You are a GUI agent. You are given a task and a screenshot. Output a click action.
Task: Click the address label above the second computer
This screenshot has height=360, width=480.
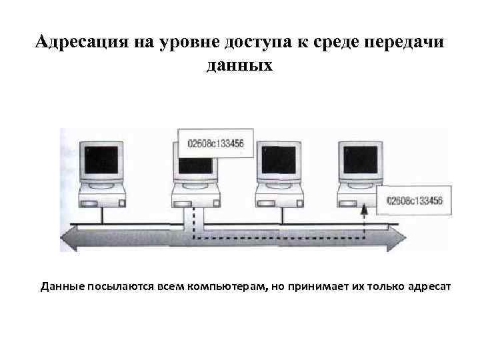(x=215, y=143)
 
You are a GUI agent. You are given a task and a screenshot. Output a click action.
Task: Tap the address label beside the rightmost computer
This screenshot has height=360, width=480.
(x=410, y=200)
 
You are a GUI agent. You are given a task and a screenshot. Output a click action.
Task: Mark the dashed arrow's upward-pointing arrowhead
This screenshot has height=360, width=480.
(x=365, y=211)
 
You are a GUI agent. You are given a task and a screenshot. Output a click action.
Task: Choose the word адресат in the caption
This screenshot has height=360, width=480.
(x=429, y=287)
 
